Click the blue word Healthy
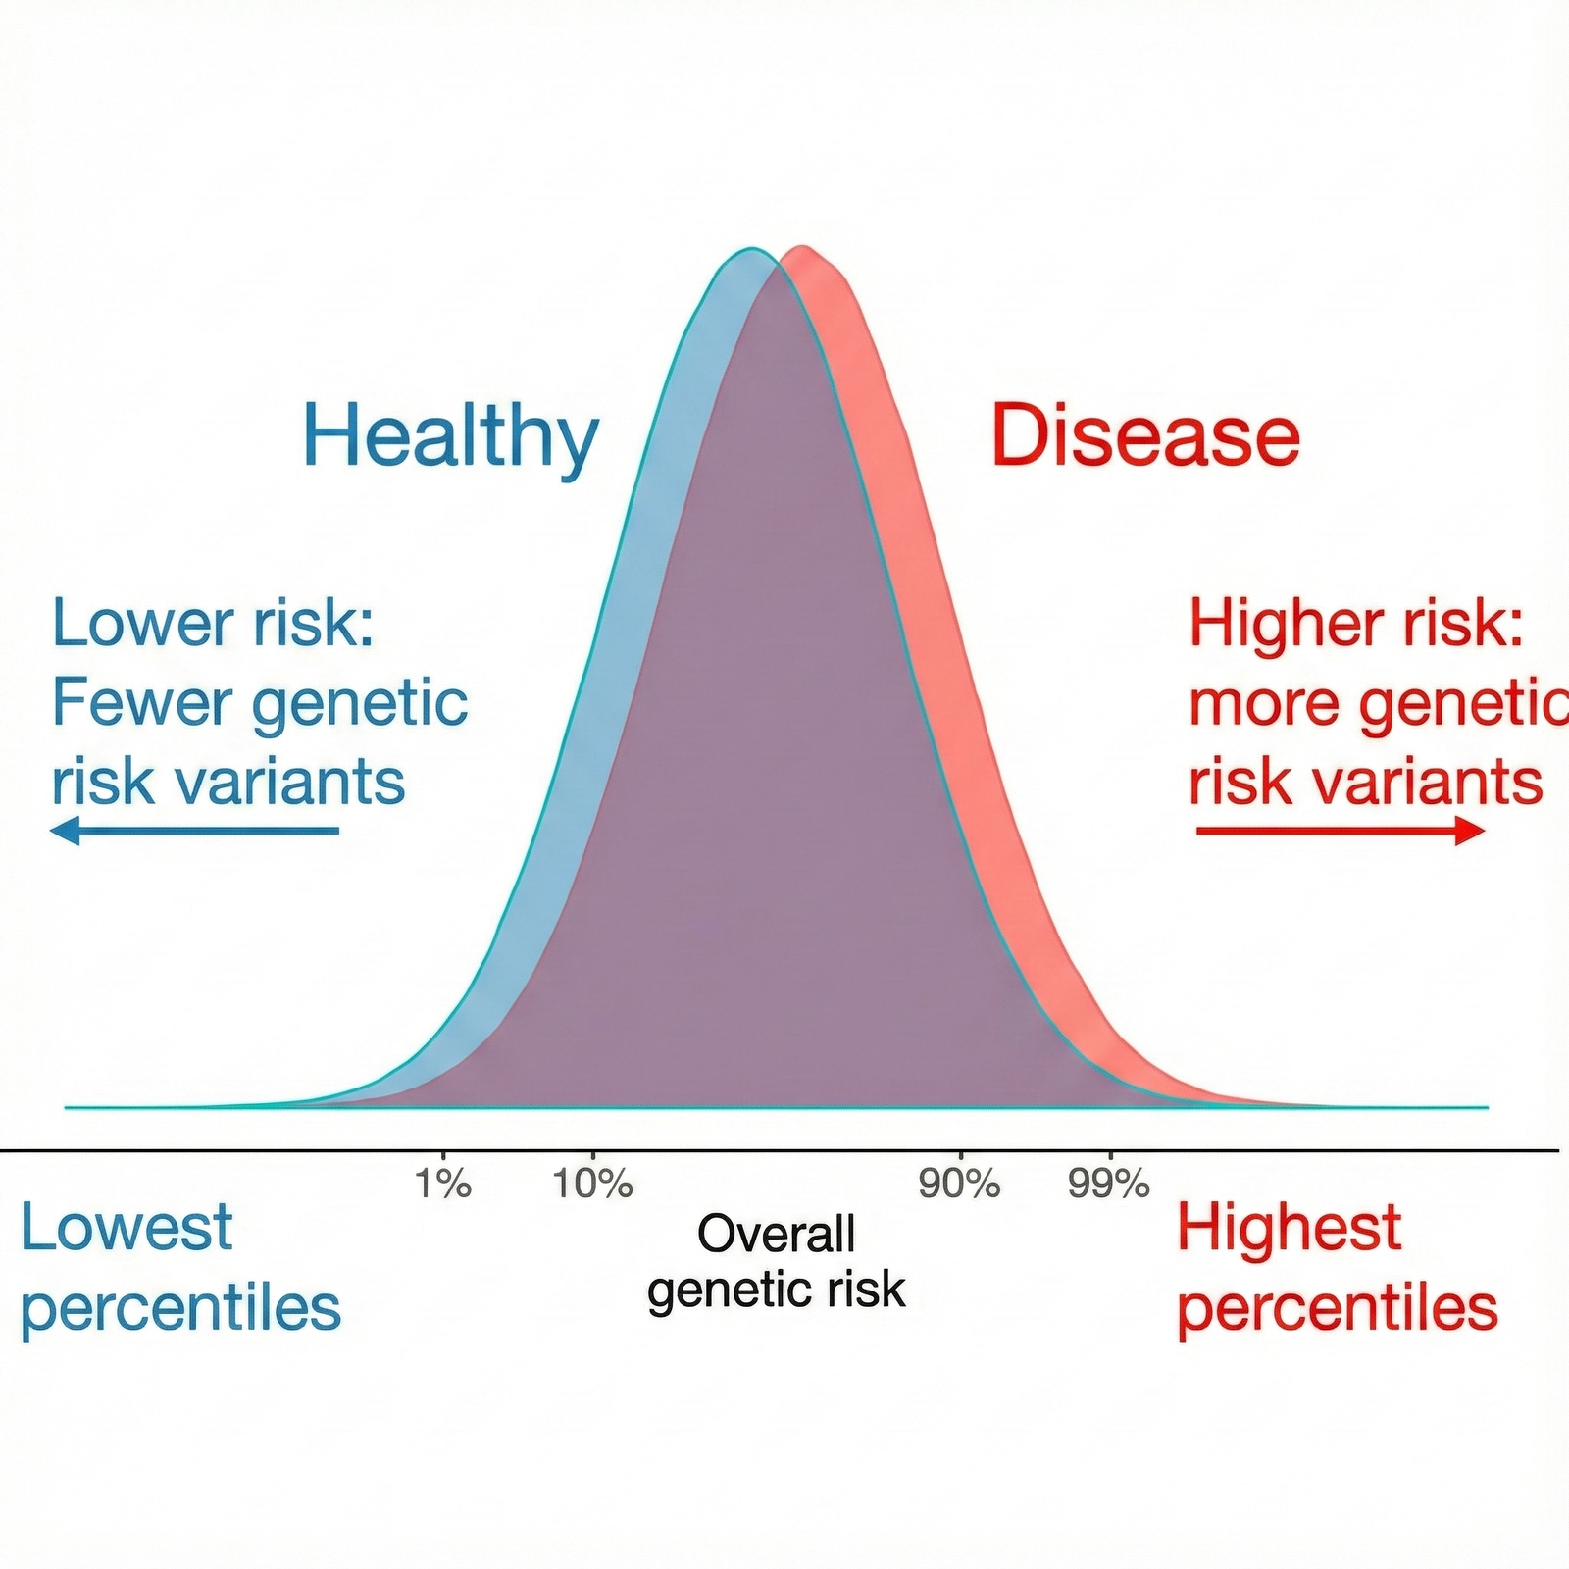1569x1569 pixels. coord(451,439)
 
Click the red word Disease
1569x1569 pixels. coord(1145,435)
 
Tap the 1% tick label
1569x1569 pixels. coord(443,1184)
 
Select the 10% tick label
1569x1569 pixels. coord(593,1184)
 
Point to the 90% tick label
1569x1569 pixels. coord(960,1184)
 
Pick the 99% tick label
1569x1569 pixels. coord(1109,1184)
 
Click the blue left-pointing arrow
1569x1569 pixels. coord(194,832)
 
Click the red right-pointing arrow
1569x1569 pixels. coord(1341,832)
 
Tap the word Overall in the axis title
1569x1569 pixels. coord(777,1234)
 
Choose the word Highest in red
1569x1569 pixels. coord(1290,1229)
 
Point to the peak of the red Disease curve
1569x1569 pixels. coord(803,246)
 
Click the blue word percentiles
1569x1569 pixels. coord(181,1309)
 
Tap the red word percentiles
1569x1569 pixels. coord(1338,1309)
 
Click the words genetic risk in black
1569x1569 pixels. coord(777,1291)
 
